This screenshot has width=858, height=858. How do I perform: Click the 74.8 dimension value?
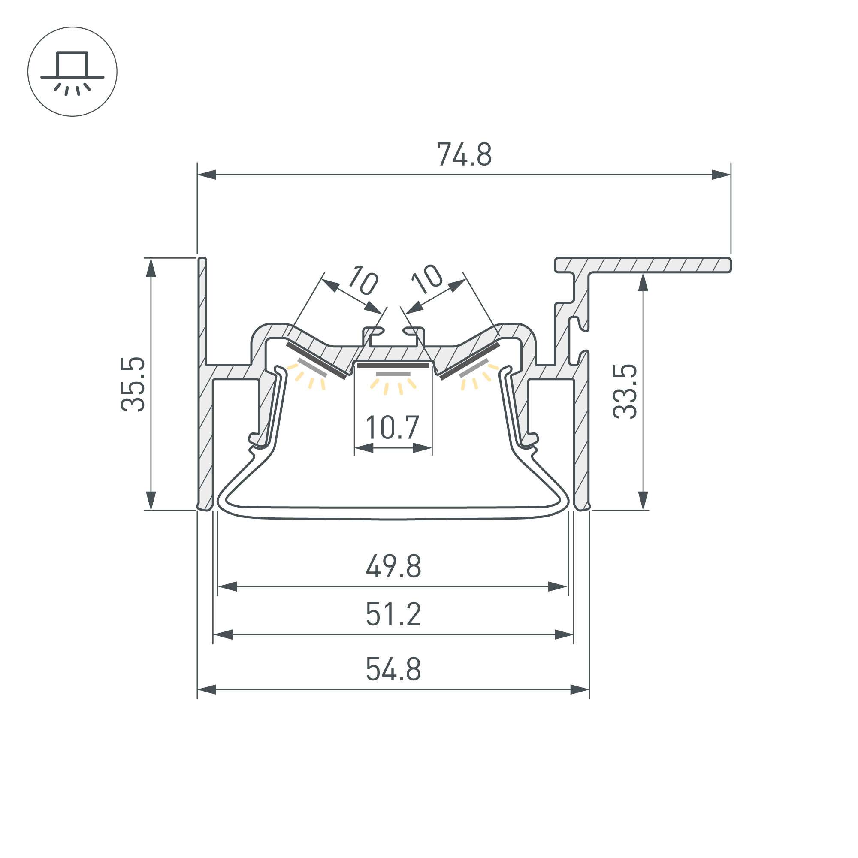(x=464, y=154)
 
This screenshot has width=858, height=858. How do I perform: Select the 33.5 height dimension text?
(x=625, y=391)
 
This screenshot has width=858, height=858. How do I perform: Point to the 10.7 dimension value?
(x=392, y=427)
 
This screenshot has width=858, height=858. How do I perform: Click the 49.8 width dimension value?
(x=393, y=566)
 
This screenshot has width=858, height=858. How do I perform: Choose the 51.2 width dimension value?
(x=393, y=615)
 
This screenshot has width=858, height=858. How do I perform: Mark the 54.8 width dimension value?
(x=393, y=669)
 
